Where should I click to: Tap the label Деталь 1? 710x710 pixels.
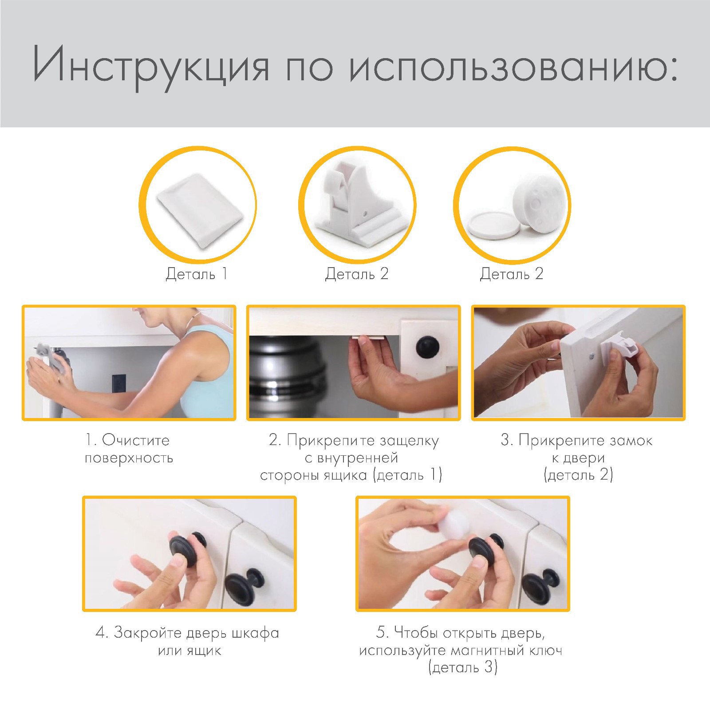click(x=197, y=274)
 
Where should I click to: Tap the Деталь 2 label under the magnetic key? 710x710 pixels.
click(x=512, y=274)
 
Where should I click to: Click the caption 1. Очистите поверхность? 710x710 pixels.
click(x=129, y=449)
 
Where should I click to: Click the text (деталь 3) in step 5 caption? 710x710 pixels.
click(x=463, y=668)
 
